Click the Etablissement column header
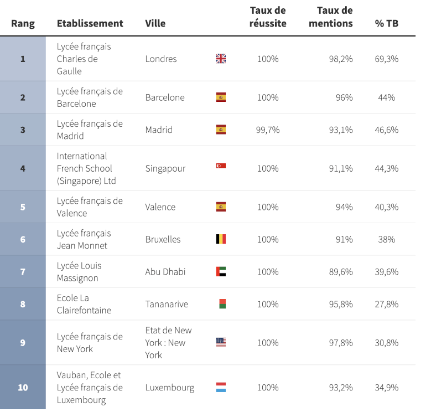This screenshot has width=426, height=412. pos(90,23)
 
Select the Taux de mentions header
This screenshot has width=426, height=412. pos(331,17)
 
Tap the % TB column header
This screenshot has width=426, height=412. pos(386,23)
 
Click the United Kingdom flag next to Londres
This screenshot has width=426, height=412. pos(221,59)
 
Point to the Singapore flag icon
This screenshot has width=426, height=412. pos(221,166)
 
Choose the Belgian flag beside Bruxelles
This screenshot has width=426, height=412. pos(221,239)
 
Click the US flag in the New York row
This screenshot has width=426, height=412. pos(221,343)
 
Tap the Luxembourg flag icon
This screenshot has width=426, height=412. pos(221,388)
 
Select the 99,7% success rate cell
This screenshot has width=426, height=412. pos(268,130)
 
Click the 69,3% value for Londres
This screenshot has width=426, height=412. pos(386,59)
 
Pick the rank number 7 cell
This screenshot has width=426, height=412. pos(23,272)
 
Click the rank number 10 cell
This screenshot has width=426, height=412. pos(23,388)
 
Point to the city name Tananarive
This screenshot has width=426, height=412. pos(167,304)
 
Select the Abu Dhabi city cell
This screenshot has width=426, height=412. pos(165,272)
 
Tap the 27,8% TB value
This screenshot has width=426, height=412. pos(386,304)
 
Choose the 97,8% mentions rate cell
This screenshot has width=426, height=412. pos(340,343)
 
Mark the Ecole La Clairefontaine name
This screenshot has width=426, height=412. pos(84,304)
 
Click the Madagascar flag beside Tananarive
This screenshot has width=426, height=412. pos(222,304)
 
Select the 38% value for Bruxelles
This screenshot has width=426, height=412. pos(386,239)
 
